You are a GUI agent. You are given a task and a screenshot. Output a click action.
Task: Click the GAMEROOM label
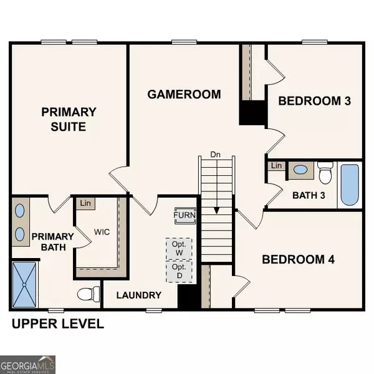pos(184,94)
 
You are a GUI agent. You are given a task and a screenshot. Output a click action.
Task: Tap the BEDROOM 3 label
pos(315,101)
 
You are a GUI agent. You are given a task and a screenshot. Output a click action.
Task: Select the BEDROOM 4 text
pos(298,259)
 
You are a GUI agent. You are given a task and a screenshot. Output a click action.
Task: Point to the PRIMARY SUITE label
pos(69,119)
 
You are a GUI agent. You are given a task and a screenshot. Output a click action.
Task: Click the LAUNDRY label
pos(139,295)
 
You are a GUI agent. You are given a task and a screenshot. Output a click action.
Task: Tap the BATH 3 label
pos(309,195)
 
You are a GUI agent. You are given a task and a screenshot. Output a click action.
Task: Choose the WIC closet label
pos(102,232)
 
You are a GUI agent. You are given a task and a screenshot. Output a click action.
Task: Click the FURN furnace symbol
pos(185,216)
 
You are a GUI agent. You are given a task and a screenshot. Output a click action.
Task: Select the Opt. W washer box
pos(179,249)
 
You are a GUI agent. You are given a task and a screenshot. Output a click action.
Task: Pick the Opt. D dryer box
pos(179,271)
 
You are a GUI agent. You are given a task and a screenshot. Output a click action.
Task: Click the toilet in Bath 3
pos(325,173)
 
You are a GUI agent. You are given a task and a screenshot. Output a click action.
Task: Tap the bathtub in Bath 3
pos(350,185)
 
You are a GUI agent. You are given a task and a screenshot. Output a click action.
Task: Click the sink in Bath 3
pos(300,170)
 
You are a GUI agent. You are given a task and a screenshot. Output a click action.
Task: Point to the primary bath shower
pos(24,285)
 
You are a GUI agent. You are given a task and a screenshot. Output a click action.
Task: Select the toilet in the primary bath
pos(89,294)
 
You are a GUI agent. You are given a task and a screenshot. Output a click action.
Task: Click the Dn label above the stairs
pos(215,155)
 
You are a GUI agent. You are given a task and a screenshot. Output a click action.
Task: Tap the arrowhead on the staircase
pos(216,211)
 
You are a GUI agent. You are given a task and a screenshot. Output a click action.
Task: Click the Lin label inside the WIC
pos(85,203)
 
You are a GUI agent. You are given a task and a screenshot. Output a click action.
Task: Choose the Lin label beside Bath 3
pos(276,166)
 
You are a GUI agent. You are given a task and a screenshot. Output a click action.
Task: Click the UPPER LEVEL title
pos(58,324)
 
